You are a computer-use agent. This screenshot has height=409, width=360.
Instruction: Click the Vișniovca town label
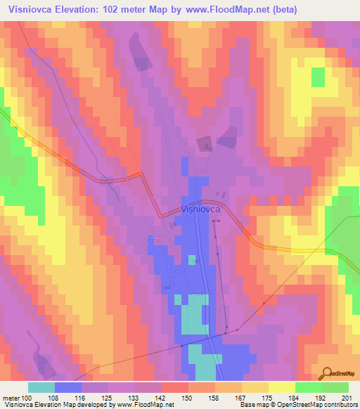coord(202,209)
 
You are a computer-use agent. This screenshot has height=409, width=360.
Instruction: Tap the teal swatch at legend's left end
coord(41,387)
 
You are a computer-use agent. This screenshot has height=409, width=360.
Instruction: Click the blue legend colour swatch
coord(68,387)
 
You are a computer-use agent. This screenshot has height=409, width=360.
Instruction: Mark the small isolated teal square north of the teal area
coord(192,261)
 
